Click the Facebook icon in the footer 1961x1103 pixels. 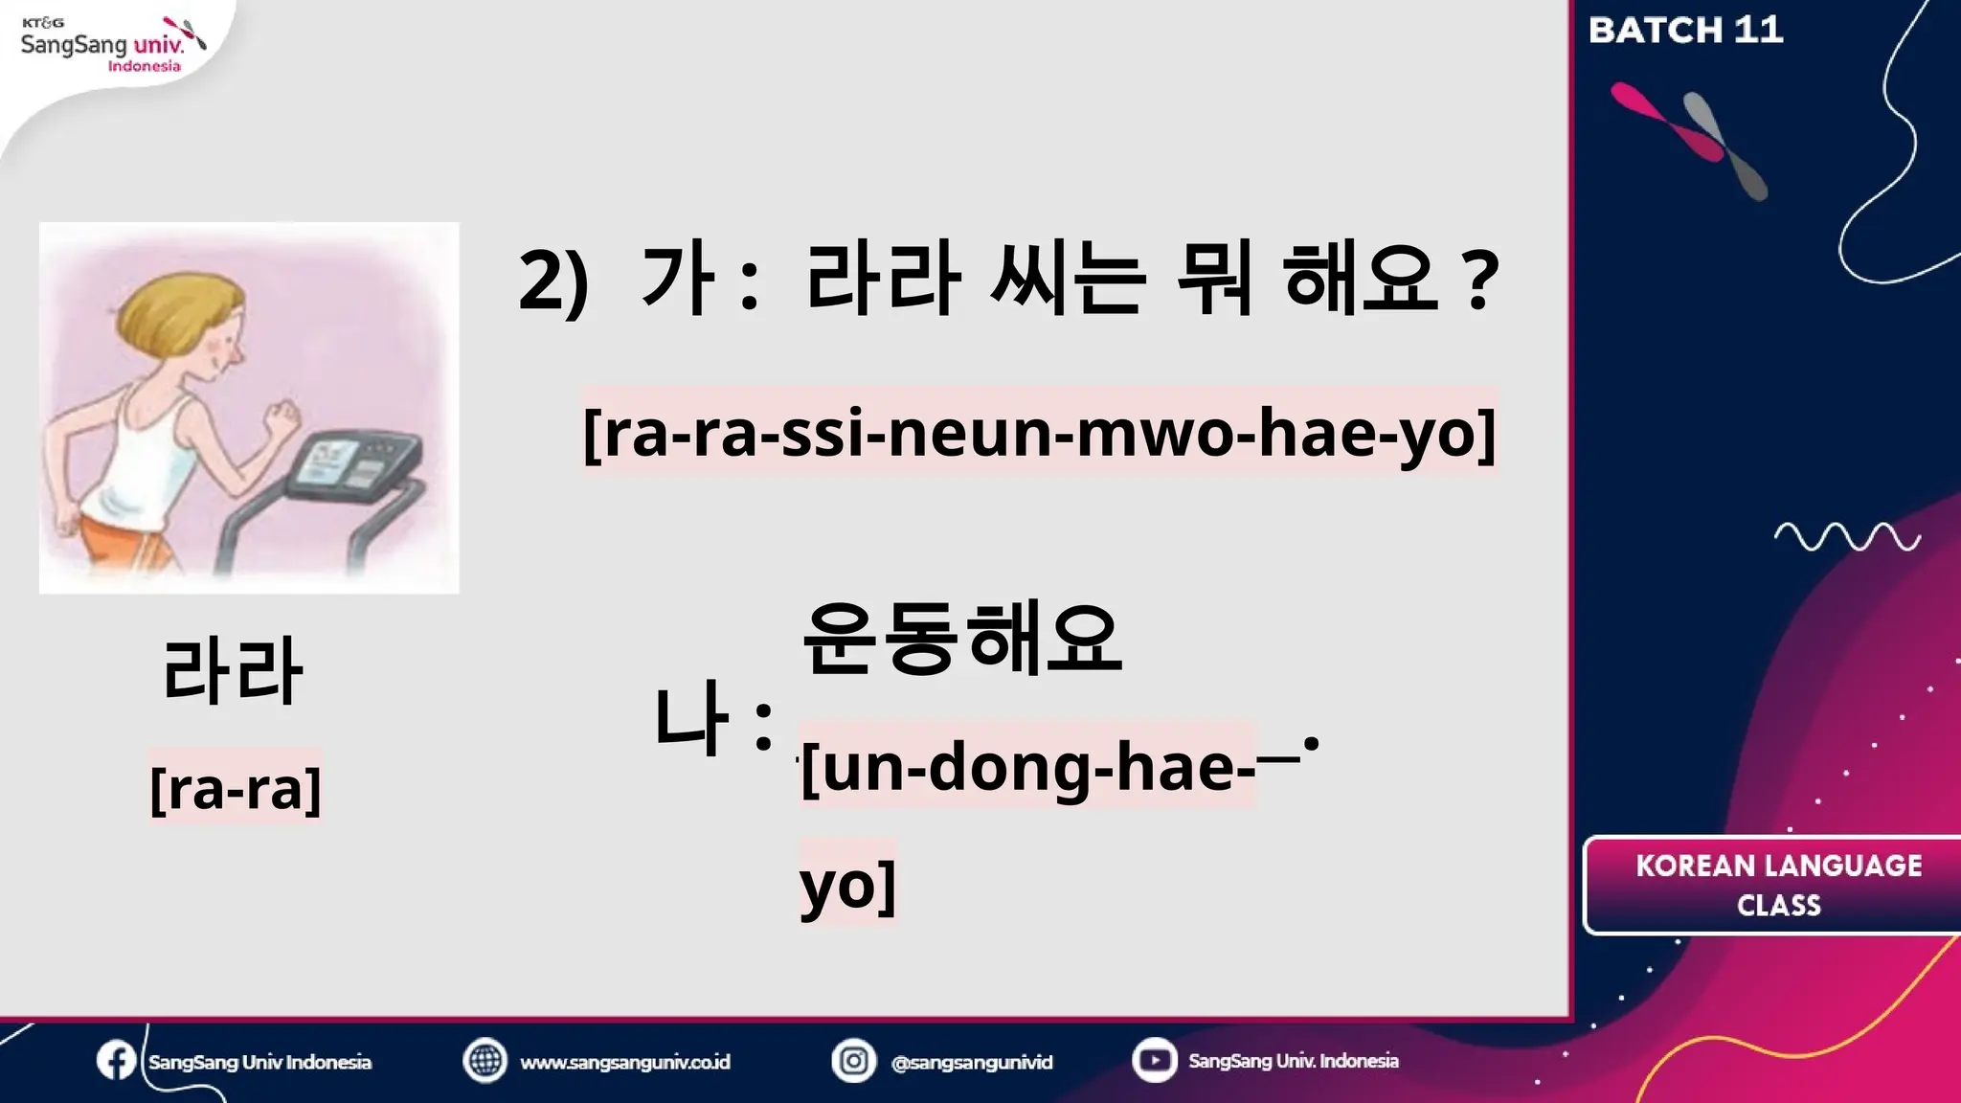[116, 1061]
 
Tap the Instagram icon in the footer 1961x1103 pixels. [853, 1061]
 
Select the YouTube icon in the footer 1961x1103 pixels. [1154, 1061]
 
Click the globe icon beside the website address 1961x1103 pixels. [485, 1061]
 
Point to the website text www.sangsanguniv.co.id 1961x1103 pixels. [624, 1062]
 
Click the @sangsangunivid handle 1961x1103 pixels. [971, 1062]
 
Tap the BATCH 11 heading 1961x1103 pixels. [1685, 31]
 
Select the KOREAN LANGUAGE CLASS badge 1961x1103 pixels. [1777, 886]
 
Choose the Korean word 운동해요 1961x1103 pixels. [961, 639]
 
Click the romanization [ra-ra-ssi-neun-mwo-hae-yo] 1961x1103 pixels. [1039, 432]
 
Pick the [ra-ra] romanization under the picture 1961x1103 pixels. [236, 789]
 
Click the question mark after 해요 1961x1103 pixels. [1480, 281]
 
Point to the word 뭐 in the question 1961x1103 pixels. [1214, 280]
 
